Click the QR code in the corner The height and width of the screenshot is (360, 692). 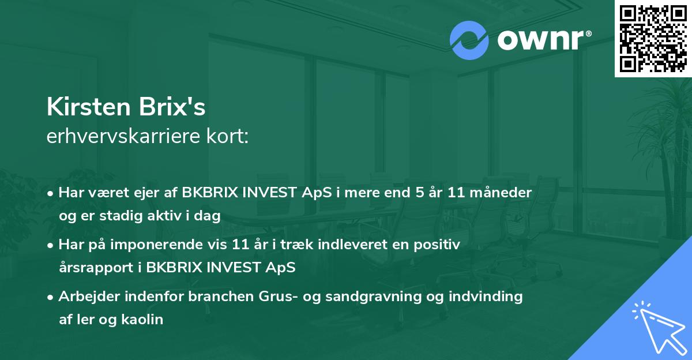[x=653, y=39]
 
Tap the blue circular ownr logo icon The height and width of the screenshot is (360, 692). [x=469, y=40]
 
